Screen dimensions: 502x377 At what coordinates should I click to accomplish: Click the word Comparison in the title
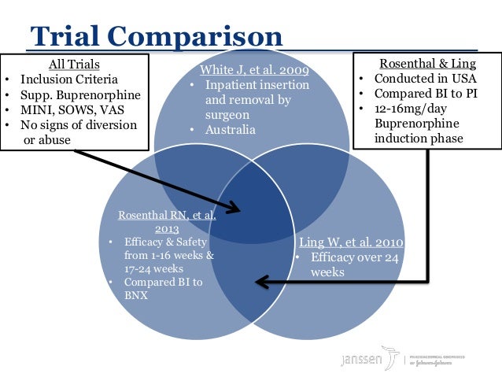coord(194,35)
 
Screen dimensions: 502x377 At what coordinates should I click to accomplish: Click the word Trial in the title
coord(64,35)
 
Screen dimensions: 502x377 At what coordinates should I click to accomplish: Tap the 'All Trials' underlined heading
coord(75,65)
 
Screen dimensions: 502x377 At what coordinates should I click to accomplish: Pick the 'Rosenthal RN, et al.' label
coord(167,215)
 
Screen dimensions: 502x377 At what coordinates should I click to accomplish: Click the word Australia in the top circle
coord(231,130)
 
